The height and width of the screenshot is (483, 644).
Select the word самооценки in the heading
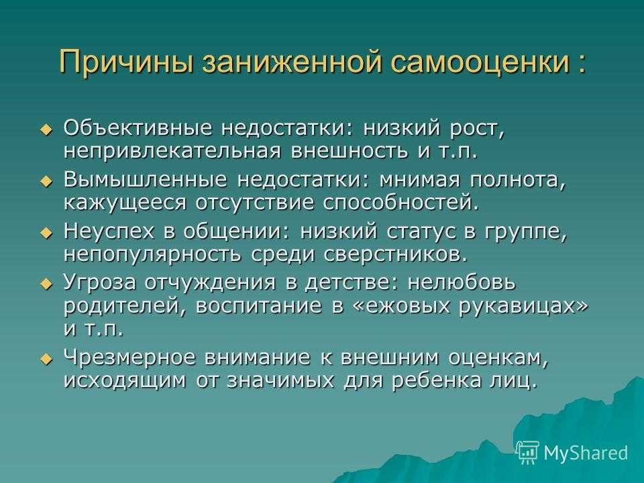click(480, 62)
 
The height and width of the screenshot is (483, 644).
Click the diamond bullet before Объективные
click(47, 130)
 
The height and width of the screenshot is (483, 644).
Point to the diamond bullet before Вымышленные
click(47, 181)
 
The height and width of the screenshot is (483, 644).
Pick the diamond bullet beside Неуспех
click(47, 233)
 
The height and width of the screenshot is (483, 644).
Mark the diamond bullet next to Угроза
click(47, 284)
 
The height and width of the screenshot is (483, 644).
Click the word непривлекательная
click(172, 151)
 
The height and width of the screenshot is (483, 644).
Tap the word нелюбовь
click(462, 283)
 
